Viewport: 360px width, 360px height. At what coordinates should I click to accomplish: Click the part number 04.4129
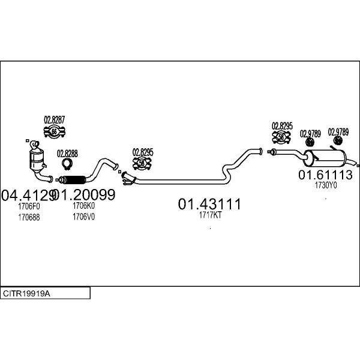[x=29, y=194]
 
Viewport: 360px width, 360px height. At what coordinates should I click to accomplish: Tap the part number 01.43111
[x=209, y=204]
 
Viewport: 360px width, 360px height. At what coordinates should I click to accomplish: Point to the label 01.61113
[x=325, y=175]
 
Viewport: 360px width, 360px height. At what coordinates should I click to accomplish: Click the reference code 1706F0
[x=29, y=206]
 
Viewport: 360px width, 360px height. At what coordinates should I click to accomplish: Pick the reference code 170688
[x=29, y=217]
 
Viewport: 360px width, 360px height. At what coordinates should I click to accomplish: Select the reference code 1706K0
[x=84, y=206]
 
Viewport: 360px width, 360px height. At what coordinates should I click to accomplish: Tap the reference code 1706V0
[x=84, y=217]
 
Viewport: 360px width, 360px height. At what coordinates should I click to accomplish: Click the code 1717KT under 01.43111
[x=210, y=215]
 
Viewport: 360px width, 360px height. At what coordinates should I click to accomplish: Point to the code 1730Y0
[x=326, y=185]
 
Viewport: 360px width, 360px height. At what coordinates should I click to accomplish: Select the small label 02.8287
[x=54, y=119]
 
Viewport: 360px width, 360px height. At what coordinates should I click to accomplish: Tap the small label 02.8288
[x=67, y=153]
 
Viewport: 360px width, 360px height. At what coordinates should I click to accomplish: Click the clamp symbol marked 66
[x=55, y=132]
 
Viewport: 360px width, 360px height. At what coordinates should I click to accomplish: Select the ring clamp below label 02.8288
[x=68, y=165]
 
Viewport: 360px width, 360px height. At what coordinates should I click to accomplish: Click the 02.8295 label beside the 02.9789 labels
[x=281, y=126]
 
